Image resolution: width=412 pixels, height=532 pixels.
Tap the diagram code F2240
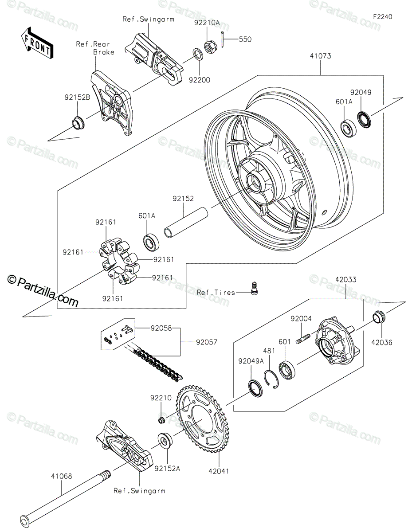(x=382, y=17)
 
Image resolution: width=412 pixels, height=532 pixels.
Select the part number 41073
(x=321, y=56)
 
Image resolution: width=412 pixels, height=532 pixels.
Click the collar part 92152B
(x=78, y=123)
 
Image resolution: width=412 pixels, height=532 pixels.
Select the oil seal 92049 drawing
(x=364, y=119)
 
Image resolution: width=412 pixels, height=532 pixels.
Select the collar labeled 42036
(x=379, y=317)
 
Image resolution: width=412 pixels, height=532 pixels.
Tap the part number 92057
(x=207, y=342)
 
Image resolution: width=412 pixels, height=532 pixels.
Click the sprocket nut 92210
(x=161, y=420)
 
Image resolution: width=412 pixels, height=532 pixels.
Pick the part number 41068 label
(x=62, y=476)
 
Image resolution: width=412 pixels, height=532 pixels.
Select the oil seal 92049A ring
(x=255, y=388)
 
